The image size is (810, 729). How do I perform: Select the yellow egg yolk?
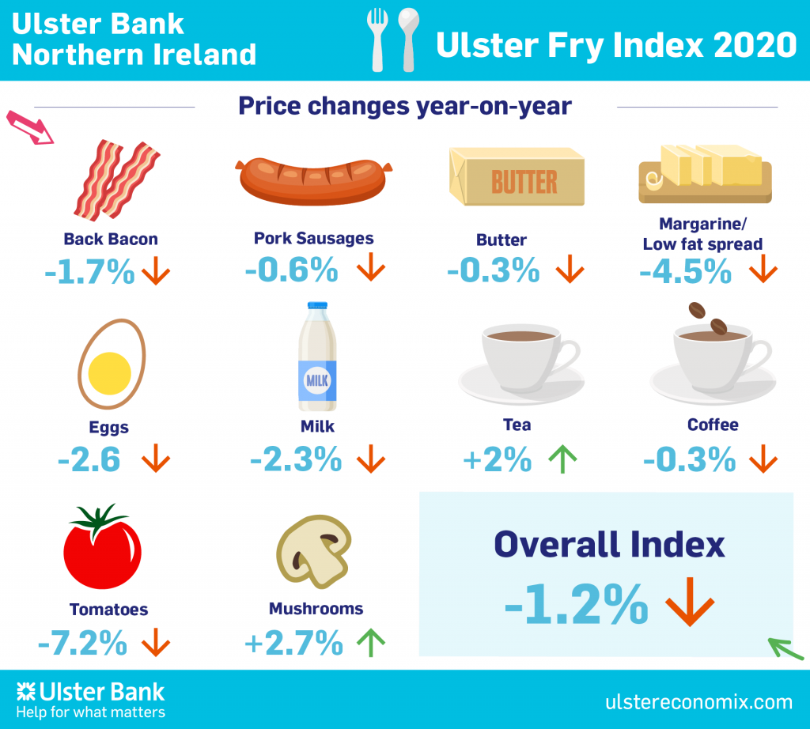pos(110,372)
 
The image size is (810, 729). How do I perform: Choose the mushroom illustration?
pos(312,549)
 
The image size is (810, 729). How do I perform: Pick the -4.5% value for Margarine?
pos(685,272)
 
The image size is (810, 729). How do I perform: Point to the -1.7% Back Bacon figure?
pos(89,273)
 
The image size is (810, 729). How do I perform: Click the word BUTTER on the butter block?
pos(524,182)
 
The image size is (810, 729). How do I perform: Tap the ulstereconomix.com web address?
pos(698,701)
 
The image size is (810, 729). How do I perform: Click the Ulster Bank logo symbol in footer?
pos(26,693)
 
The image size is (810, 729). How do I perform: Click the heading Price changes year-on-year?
pos(405,106)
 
